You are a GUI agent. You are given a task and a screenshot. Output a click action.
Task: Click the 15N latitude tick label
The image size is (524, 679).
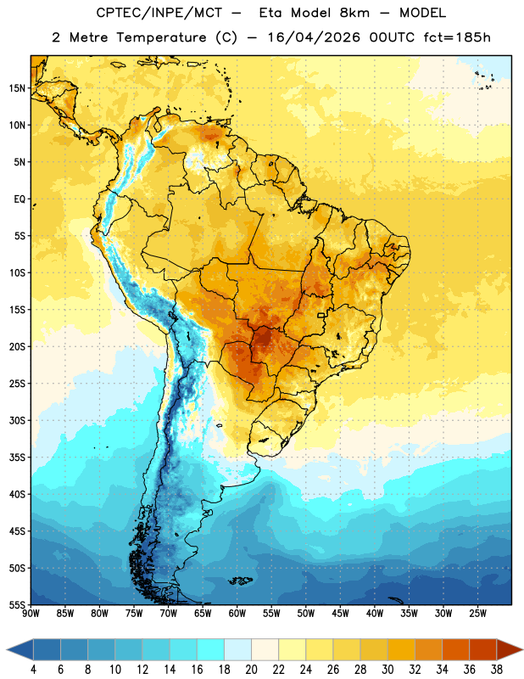(x=17, y=88)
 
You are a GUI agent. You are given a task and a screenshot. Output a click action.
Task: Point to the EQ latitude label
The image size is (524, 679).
(x=20, y=199)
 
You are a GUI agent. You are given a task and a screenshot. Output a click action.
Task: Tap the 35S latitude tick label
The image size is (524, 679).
(x=17, y=457)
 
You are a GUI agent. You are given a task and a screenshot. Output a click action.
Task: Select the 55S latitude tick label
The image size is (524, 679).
(x=17, y=604)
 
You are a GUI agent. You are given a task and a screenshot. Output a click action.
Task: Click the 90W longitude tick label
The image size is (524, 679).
(x=31, y=613)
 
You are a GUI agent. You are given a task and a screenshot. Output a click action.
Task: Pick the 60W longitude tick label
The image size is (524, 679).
(x=237, y=613)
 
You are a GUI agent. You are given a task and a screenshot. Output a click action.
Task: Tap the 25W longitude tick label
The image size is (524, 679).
(x=477, y=613)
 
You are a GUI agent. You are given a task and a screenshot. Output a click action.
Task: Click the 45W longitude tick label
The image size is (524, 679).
(x=340, y=613)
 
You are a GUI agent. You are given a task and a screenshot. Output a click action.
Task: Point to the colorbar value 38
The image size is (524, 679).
(x=496, y=670)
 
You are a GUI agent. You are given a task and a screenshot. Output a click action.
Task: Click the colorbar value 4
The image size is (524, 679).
(x=33, y=670)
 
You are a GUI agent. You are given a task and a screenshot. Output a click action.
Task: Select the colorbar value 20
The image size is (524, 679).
(x=251, y=670)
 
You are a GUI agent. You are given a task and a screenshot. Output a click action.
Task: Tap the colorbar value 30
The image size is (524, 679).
(x=387, y=670)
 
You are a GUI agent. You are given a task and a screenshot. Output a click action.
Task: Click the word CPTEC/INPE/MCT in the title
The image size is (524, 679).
(x=159, y=13)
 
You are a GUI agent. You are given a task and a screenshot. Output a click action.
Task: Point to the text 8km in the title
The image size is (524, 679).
(x=354, y=13)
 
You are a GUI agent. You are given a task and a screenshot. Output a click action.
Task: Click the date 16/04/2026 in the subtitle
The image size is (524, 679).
(x=314, y=37)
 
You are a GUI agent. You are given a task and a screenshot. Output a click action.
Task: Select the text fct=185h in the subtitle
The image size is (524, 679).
(x=457, y=37)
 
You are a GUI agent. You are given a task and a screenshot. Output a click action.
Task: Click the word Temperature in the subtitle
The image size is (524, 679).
(x=161, y=37)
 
